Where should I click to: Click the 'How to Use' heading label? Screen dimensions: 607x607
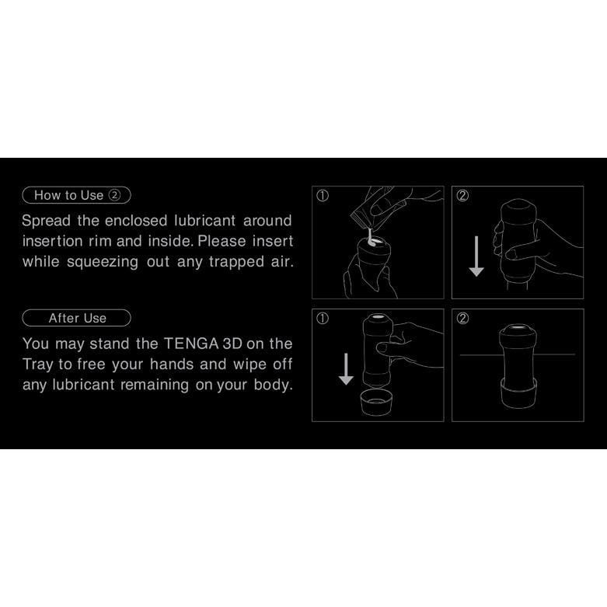[x=77, y=195]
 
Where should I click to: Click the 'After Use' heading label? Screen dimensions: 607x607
[x=77, y=318]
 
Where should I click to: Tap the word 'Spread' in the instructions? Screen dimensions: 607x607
[x=46, y=221]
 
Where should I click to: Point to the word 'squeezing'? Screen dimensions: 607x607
[x=103, y=263]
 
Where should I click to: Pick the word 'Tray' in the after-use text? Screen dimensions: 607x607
[x=37, y=365]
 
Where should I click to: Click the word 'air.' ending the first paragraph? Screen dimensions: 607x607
[x=282, y=262]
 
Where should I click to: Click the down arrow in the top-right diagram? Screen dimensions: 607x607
[x=476, y=256]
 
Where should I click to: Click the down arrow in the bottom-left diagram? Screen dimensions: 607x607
[x=346, y=369]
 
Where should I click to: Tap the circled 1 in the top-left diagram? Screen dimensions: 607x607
[x=323, y=196]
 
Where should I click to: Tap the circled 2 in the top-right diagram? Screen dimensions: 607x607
[x=462, y=196]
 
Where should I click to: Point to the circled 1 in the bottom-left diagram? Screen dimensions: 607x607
[x=323, y=319]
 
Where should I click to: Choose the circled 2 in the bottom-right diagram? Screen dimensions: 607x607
[x=462, y=319]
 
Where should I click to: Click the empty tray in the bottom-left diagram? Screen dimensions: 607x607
[x=376, y=403]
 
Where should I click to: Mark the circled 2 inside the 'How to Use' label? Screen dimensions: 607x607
[x=114, y=195]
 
